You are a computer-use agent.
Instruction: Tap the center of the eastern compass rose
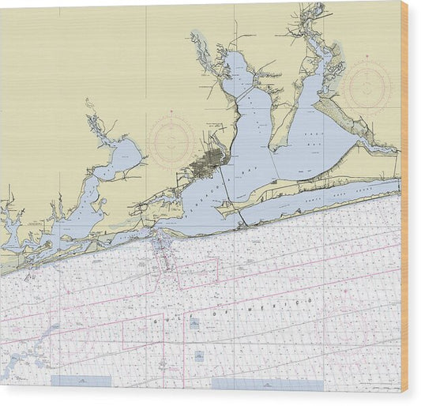tap(367, 86)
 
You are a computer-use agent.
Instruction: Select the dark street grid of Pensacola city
tap(208, 164)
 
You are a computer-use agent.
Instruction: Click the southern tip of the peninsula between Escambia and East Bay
tap(273, 149)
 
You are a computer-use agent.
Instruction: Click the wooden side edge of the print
tap(404, 197)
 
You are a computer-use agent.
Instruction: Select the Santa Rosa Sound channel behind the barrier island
tap(316, 200)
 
